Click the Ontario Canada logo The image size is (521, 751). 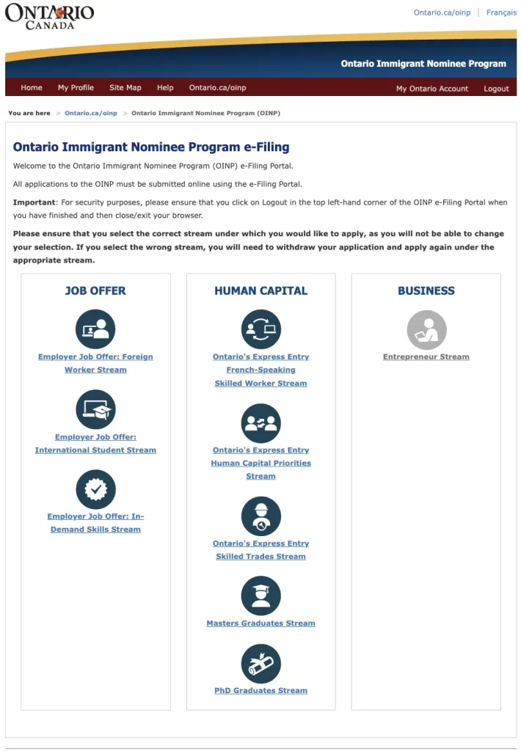[49, 16]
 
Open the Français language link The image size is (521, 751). [501, 12]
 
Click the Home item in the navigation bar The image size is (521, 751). [32, 88]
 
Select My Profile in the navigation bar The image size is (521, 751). [76, 88]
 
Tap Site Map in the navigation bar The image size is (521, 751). [125, 88]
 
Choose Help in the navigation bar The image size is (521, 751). [165, 88]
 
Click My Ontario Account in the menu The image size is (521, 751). [431, 89]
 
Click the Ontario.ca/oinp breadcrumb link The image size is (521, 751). [90, 114]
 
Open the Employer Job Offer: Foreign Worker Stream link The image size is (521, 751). [95, 363]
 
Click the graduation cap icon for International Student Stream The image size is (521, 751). [95, 409]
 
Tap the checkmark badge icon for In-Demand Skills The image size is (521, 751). [95, 489]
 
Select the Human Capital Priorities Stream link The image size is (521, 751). [260, 463]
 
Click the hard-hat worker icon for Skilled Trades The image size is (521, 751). [260, 516]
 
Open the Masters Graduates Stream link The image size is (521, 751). [260, 623]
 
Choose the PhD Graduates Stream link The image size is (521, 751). [260, 691]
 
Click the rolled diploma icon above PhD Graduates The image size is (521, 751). [260, 664]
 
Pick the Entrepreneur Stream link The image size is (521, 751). [426, 357]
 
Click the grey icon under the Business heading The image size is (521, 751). [426, 329]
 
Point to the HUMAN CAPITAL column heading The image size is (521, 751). [260, 291]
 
